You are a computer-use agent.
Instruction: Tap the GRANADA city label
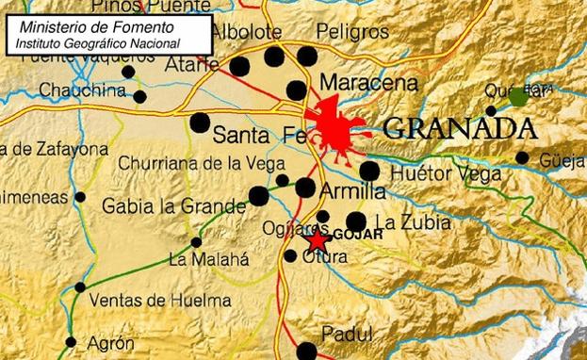(x=461, y=128)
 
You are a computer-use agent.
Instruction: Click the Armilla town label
(x=354, y=191)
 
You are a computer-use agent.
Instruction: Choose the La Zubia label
(x=413, y=222)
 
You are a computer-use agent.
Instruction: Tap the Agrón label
(x=110, y=344)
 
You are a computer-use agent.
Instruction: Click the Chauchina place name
(x=83, y=90)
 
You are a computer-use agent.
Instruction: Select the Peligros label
(x=353, y=32)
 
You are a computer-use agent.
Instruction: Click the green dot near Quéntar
(x=518, y=96)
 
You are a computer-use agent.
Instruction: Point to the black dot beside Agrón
(x=71, y=342)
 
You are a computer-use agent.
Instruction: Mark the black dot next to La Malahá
(x=196, y=242)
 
